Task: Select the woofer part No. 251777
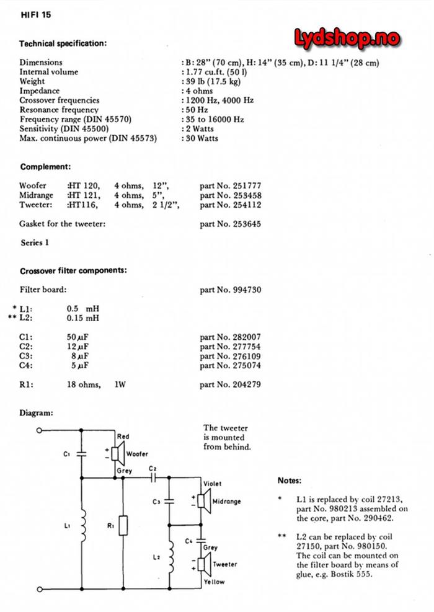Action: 230,185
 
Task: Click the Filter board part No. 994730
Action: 230,290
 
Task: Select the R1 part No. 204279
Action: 230,384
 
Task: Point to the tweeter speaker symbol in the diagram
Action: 201,564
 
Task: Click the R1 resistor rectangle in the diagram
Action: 123,526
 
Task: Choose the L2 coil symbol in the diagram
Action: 170,559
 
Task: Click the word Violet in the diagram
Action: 212,484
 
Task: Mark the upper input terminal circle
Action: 40,430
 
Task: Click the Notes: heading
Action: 290,481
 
